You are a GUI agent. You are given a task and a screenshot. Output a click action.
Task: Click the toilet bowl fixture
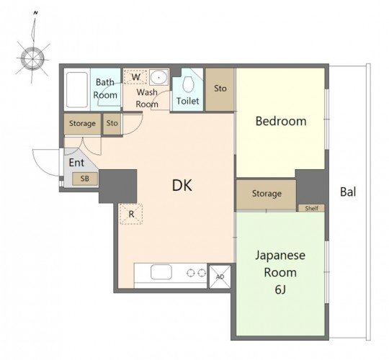coord(188,84)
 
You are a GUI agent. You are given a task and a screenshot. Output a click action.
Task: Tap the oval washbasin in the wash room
coord(158,77)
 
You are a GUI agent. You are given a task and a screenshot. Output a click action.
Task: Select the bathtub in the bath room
coord(76,90)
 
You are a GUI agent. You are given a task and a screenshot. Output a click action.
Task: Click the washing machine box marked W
coord(135,77)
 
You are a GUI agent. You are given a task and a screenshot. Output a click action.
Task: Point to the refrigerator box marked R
coord(131,214)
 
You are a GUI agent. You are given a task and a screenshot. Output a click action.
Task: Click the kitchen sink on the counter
coord(161,271)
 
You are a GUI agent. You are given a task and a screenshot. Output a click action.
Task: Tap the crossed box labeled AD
coord(220,276)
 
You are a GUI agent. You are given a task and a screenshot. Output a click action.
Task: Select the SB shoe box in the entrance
coord(85,179)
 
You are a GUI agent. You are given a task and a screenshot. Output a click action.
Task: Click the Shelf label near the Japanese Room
coord(312,208)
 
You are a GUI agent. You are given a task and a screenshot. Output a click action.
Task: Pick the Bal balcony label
coord(348,192)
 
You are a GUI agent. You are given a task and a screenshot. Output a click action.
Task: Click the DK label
coord(182,185)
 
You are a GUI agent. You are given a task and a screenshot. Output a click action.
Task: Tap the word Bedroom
coord(281,121)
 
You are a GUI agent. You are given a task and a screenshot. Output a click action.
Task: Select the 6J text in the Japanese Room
coord(280,289)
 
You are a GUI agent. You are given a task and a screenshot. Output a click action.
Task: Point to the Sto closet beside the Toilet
coord(220,89)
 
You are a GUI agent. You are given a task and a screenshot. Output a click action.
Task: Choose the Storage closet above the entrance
coord(82,124)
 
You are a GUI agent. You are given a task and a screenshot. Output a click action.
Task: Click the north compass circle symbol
coord(32,59)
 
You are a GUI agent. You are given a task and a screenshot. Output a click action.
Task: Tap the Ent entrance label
coord(76,163)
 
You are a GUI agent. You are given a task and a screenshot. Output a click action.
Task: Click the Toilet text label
coord(187,101)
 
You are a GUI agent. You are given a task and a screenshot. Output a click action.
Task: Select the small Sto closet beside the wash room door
coord(112,124)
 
